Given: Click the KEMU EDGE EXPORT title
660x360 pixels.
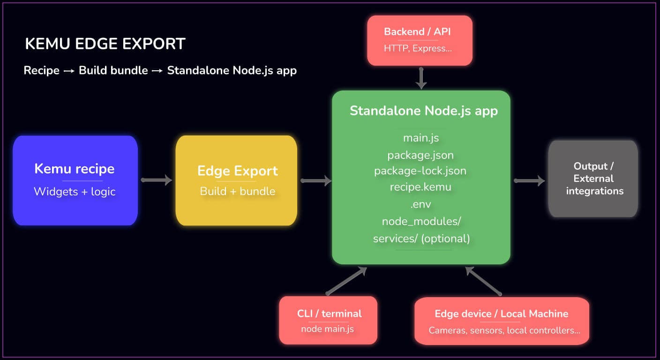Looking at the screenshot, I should [x=105, y=44].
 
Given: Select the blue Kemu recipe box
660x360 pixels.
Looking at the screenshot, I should [x=75, y=180].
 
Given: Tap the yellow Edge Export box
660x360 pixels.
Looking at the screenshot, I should [x=237, y=180].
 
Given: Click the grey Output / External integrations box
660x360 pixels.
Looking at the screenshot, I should [x=593, y=179].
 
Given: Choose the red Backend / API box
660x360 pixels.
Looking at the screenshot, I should [x=420, y=40].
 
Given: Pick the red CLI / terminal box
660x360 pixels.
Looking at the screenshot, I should [x=328, y=320].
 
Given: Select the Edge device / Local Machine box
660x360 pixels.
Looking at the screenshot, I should [x=502, y=321].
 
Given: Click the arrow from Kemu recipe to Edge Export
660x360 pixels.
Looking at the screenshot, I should [x=156, y=180].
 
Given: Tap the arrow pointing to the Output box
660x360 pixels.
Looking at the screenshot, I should [x=529, y=180].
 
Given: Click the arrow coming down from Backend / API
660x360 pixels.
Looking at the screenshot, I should [x=421, y=78].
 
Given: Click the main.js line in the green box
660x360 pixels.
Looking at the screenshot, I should [x=421, y=138].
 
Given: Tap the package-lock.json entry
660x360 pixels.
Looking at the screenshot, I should [x=420, y=171].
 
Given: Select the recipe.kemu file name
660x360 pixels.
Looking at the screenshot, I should [x=420, y=187].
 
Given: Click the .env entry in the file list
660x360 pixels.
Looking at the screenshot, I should [x=420, y=204].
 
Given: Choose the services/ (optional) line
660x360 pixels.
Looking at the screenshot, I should [x=421, y=238].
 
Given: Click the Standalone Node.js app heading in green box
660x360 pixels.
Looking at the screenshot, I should [x=423, y=111].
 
